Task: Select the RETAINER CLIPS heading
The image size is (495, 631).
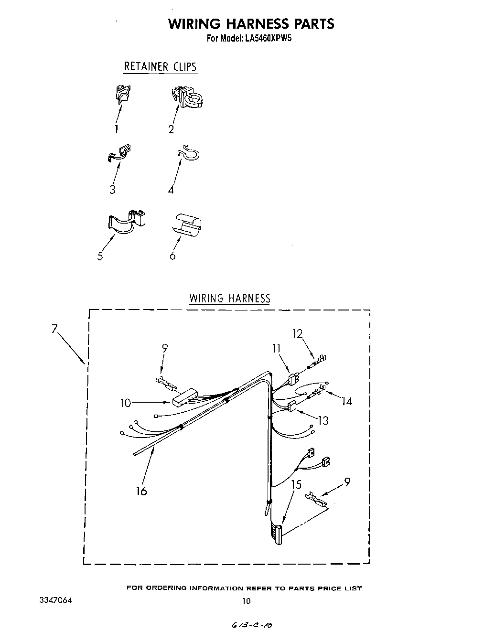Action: point(160,66)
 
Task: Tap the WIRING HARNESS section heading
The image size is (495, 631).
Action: point(230,299)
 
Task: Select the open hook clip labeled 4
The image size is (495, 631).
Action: point(188,154)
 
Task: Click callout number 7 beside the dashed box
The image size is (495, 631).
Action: point(55,329)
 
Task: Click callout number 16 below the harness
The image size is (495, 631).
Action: point(141,491)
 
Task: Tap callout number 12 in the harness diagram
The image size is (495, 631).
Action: point(298,333)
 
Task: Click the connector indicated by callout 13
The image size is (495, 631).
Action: point(291,406)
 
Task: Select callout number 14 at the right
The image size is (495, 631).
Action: point(347,401)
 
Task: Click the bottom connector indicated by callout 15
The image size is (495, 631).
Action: point(277,533)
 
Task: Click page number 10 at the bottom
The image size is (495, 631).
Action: point(246,601)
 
